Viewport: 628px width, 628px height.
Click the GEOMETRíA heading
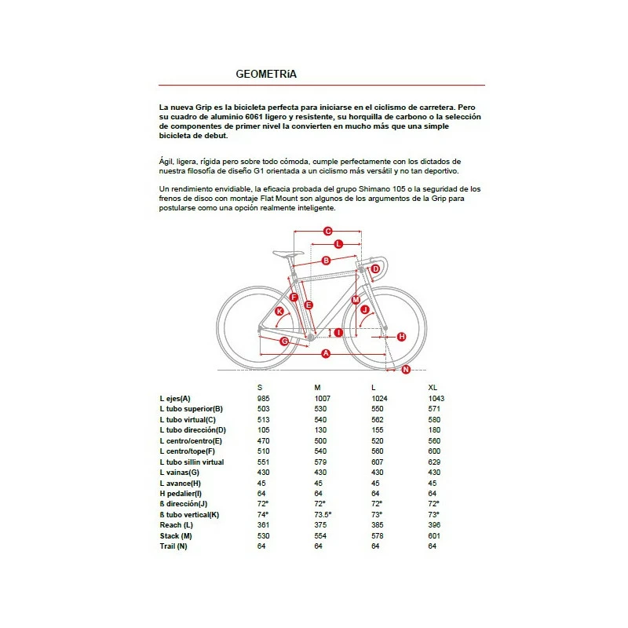[266, 75]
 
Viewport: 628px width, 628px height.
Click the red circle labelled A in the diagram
[326, 355]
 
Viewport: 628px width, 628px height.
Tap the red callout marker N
[406, 369]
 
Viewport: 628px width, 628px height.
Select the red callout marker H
[401, 337]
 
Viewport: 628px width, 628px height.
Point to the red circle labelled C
[328, 231]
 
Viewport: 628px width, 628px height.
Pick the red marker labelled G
[284, 341]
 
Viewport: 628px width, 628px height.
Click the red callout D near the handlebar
[375, 269]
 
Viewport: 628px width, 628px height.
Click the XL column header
[433, 388]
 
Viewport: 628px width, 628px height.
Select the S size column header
[260, 388]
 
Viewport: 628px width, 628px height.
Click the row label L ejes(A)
[175, 399]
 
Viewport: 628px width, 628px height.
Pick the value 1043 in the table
[436, 399]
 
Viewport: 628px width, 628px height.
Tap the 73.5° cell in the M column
[323, 514]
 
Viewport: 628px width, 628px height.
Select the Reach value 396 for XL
[434, 524]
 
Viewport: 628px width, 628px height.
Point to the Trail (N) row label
[173, 546]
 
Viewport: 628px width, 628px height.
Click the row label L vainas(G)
[180, 473]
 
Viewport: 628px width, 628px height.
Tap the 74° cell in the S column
[262, 514]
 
